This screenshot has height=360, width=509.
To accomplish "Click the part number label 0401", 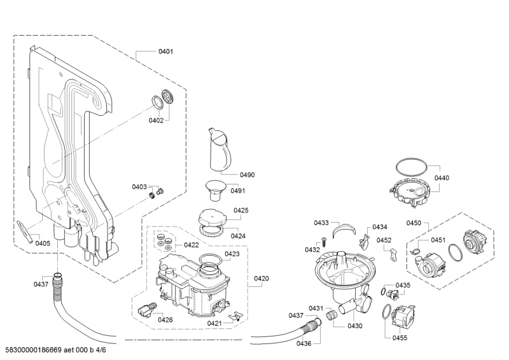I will pos(165,52).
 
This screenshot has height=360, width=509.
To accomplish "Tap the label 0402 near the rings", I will pos(156,120).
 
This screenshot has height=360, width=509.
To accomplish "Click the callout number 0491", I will pos(238,191).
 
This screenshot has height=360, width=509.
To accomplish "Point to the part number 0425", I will pos(241,211).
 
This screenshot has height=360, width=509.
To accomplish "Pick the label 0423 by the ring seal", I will pos(232,254).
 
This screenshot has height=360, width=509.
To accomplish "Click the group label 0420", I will pos(261,279).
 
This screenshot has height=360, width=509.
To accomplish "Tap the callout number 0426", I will pos(165,319).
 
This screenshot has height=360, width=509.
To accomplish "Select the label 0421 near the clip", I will pos(214,324).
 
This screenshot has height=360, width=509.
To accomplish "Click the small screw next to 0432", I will pos(324,240).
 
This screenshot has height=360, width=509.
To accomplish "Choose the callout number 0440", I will pos(441,178).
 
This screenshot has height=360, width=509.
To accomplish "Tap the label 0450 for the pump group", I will pos(414,223).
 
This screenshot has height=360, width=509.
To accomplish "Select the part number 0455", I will pos(400,338).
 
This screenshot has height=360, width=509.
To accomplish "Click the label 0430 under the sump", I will pos(355,326).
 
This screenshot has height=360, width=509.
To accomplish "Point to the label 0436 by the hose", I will pos(303,343).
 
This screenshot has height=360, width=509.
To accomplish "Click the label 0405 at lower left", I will pos(43,243).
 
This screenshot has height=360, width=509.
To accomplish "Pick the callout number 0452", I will pos(384,240).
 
